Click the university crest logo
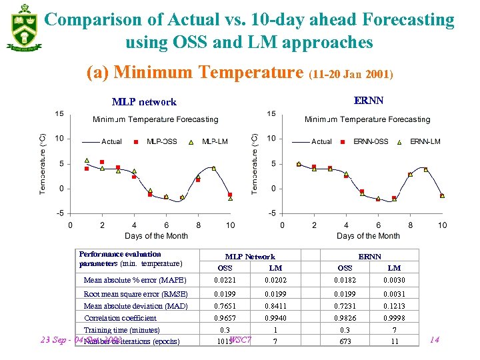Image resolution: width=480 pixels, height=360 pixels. tap(23, 28)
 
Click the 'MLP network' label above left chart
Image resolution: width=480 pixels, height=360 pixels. tap(144, 102)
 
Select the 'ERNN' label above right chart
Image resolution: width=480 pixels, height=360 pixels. tap(368, 101)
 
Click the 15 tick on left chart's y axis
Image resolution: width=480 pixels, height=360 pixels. tap(59, 114)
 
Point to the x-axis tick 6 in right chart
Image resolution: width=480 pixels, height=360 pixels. tap(378, 225)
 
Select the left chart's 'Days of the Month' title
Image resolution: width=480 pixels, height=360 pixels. tap(156, 236)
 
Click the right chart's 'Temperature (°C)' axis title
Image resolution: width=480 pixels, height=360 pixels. tap(254, 163)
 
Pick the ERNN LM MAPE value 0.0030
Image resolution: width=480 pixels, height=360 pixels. tap(394, 281)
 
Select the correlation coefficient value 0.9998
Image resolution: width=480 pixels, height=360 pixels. tap(394, 318)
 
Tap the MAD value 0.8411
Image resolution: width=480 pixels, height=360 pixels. tap(275, 306)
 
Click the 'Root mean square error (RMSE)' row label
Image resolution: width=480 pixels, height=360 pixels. tap(135, 294)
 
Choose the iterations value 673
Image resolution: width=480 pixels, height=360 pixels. tap(345, 341)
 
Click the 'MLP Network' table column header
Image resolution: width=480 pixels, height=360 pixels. tap(250, 257)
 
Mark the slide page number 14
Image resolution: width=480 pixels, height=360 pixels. tap(434, 340)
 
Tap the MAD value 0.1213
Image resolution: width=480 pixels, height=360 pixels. tap(394, 306)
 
